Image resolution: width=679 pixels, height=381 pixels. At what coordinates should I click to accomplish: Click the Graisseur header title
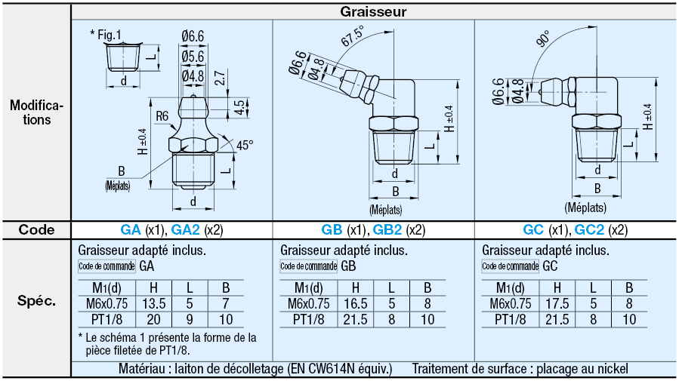click(x=374, y=11)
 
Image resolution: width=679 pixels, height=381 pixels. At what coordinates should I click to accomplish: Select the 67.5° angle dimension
click(x=352, y=37)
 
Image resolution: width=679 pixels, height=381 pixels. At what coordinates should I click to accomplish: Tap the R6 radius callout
click(x=162, y=116)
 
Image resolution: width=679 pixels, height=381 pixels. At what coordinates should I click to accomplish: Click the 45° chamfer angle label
click(x=245, y=145)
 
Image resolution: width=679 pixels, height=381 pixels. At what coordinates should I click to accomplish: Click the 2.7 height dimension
click(x=219, y=77)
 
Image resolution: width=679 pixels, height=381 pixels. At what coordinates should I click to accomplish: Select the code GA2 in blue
click(x=185, y=230)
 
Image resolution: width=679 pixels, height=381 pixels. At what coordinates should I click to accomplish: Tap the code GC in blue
click(x=532, y=230)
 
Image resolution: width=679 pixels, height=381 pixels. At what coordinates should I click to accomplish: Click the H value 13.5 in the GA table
click(x=153, y=303)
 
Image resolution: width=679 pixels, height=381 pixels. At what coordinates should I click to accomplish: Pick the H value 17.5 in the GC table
click(x=557, y=303)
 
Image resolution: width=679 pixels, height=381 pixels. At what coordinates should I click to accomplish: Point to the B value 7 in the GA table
click(x=225, y=303)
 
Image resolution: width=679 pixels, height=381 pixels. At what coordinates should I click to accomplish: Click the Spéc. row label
click(x=36, y=301)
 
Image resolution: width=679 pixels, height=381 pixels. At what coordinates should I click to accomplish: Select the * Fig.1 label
click(x=105, y=34)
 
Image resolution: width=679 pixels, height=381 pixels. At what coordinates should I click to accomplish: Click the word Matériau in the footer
click(x=144, y=369)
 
